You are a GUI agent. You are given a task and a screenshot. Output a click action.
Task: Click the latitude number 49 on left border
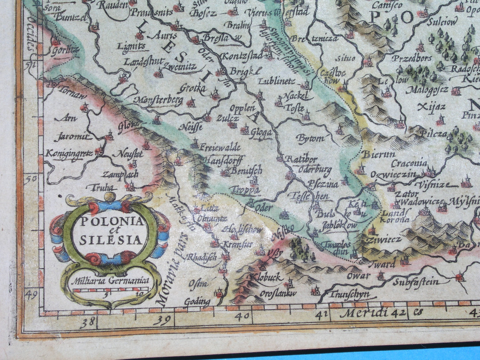(x=31, y=294)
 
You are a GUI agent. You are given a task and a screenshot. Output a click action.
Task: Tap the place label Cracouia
(x=409, y=164)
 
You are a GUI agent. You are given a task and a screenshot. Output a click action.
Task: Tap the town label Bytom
(x=310, y=138)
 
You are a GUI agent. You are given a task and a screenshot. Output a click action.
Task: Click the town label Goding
(x=197, y=302)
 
